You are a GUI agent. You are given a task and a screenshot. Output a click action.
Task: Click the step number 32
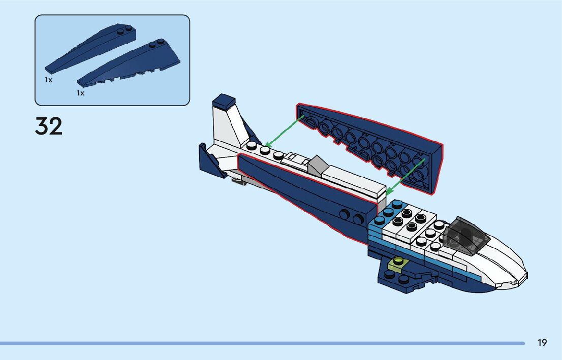click(x=49, y=126)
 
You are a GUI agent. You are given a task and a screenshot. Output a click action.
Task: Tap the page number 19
click(x=542, y=343)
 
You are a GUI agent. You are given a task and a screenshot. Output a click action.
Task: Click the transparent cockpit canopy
click(x=465, y=235)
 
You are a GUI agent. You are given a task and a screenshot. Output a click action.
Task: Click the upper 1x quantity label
click(x=48, y=80)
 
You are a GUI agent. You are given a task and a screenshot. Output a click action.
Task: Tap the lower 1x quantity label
click(x=80, y=93)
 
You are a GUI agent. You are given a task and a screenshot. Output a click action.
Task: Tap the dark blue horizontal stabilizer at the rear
click(x=213, y=160)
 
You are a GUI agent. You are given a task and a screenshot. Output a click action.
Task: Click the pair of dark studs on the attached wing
click(x=352, y=216)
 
